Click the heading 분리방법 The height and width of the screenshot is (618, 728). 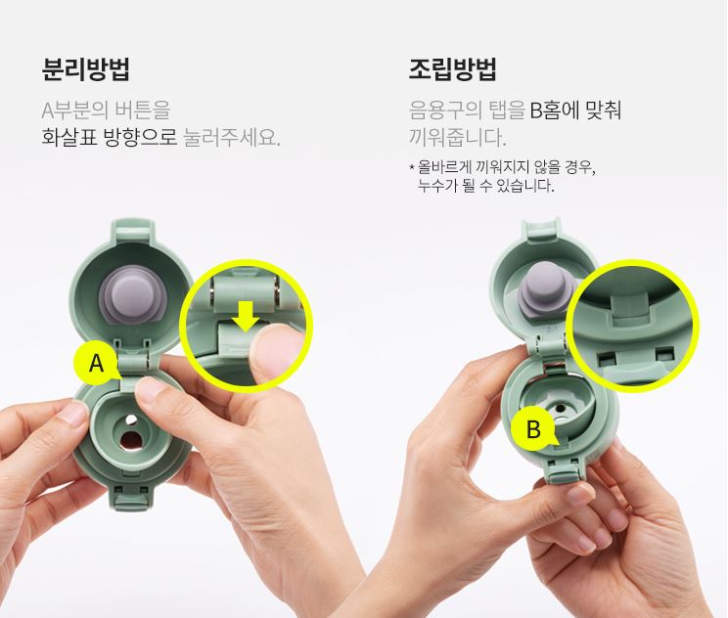click(85, 69)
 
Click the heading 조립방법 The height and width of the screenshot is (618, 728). click(453, 69)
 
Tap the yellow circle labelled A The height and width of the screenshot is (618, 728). click(96, 364)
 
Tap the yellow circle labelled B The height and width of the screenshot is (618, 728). click(533, 429)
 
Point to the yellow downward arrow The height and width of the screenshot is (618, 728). click(246, 316)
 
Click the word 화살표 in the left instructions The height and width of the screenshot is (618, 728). click(69, 137)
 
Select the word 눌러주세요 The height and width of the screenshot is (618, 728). click(232, 137)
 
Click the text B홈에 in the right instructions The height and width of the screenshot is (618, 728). click(553, 110)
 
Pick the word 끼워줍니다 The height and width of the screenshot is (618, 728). click(457, 137)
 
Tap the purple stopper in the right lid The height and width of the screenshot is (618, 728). click(544, 291)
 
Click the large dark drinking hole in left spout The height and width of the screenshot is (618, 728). click(131, 441)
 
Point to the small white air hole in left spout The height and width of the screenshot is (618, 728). click(132, 419)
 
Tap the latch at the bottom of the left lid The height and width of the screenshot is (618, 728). click(131, 500)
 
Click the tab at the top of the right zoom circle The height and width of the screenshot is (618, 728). click(630, 305)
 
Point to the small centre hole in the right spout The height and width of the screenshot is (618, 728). click(561, 409)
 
